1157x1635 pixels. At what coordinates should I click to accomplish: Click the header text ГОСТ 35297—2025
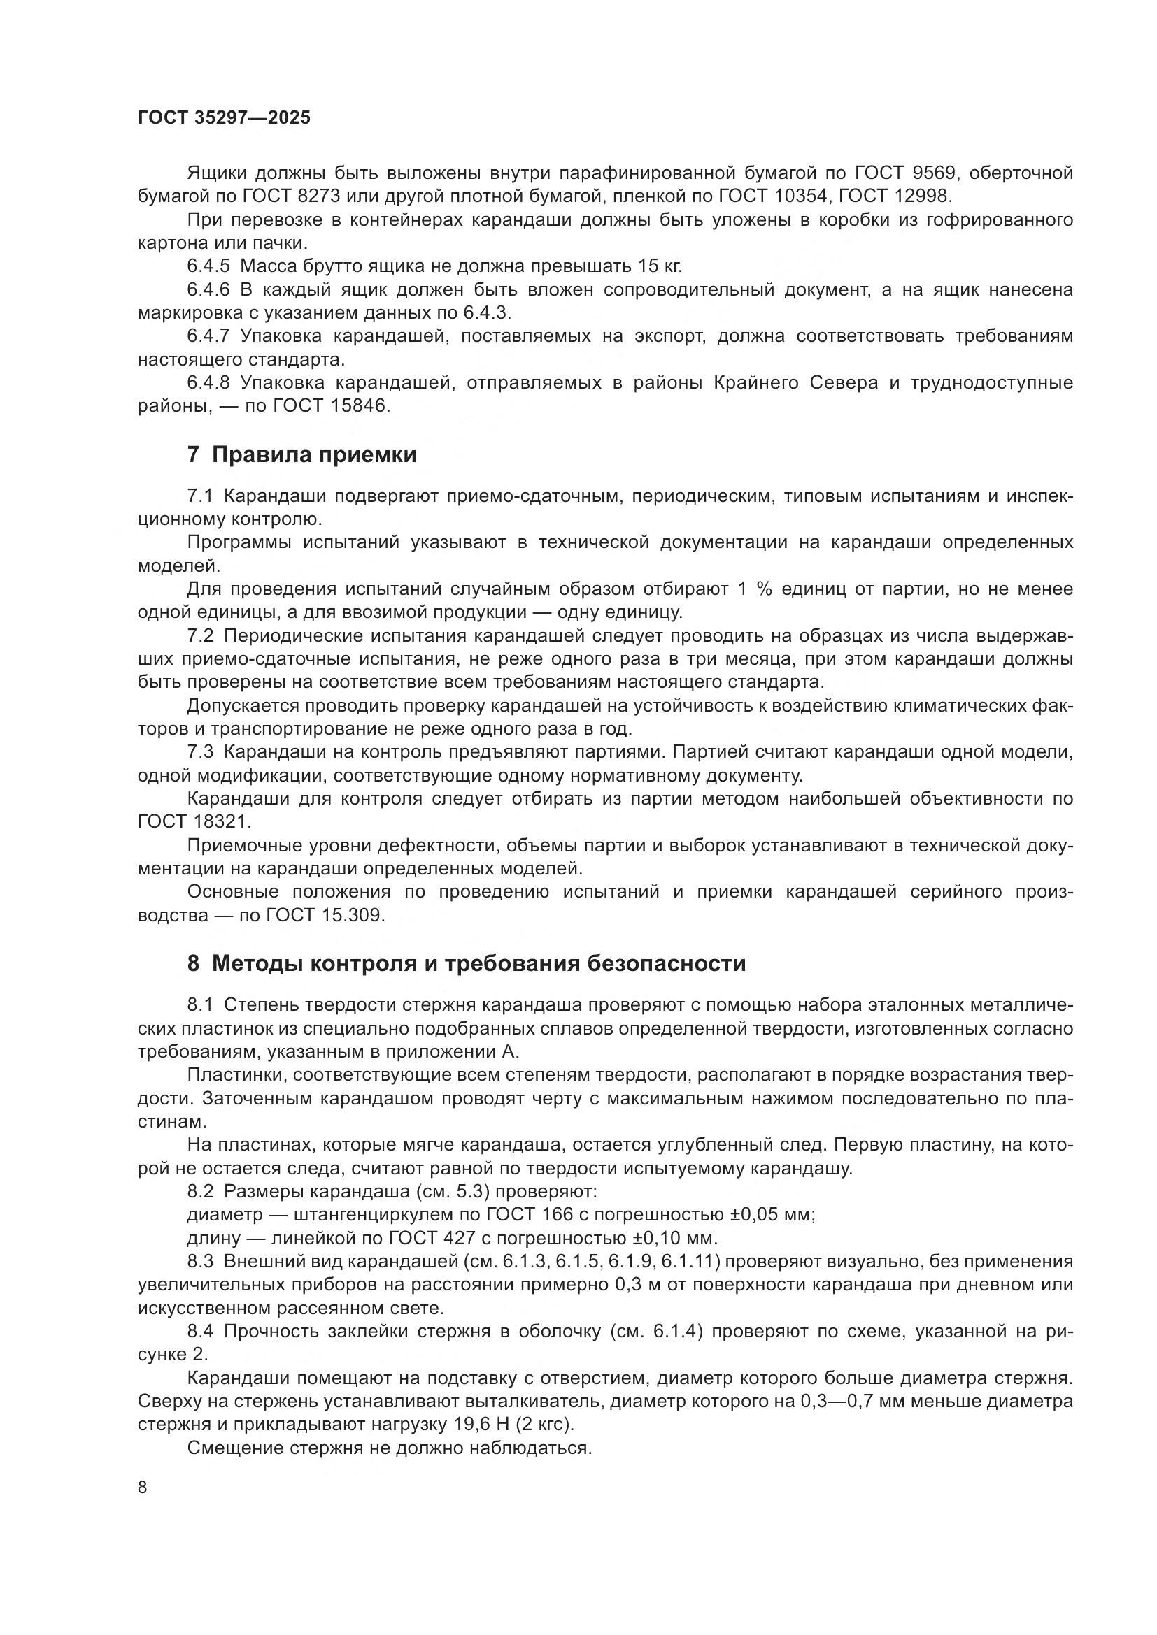224,117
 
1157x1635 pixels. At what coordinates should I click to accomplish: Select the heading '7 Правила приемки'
301,455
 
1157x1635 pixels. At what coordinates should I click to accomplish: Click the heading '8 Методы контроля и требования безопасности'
467,963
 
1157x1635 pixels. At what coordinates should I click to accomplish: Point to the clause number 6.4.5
208,267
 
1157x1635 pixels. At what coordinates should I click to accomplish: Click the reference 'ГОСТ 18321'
194,822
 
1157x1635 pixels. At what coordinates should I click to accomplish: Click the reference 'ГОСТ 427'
431,1239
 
